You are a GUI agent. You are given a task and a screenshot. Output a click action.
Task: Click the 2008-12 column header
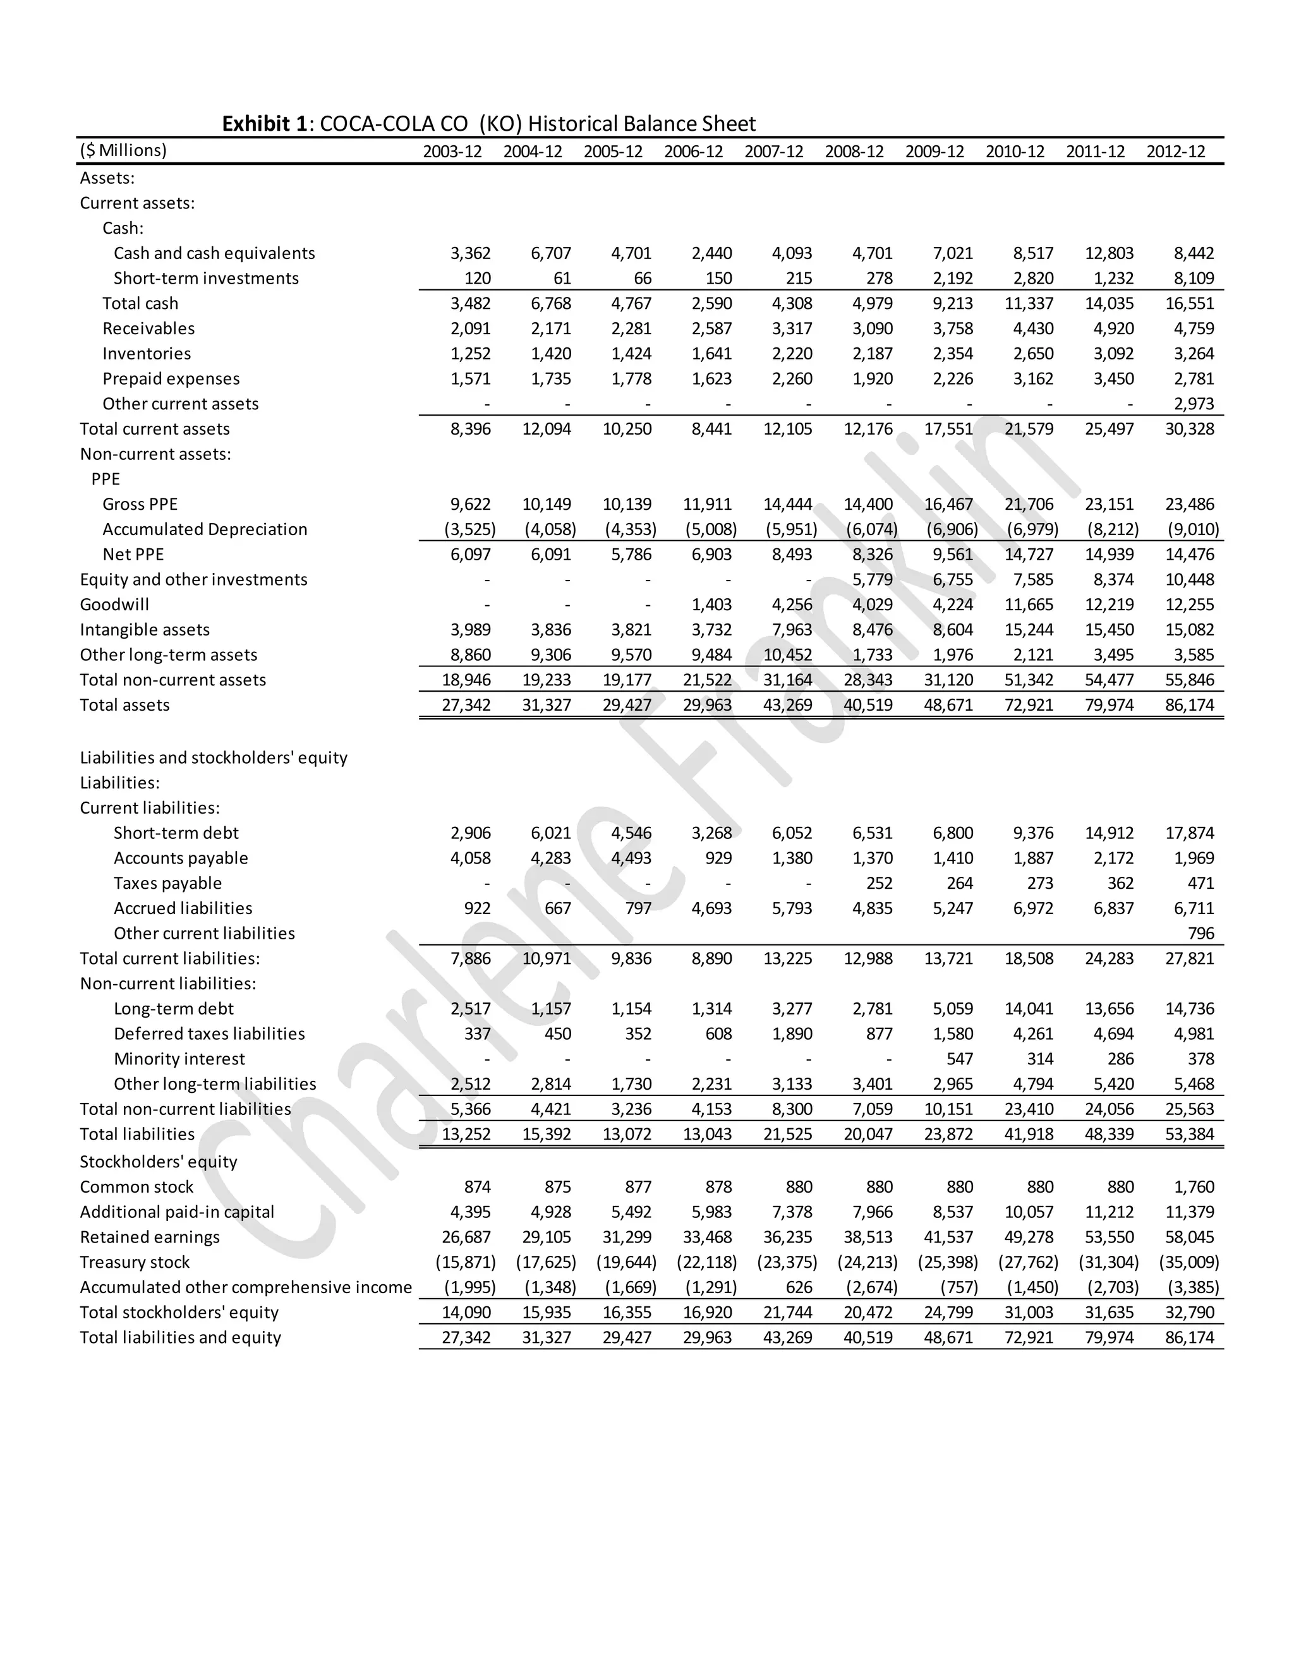point(854,152)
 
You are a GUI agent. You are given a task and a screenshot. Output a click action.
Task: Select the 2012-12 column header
point(1175,152)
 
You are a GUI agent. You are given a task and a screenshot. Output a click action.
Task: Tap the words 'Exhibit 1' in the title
point(265,124)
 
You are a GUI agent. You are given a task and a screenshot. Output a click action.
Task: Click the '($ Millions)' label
point(123,150)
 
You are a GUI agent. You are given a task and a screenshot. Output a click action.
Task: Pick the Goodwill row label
point(114,605)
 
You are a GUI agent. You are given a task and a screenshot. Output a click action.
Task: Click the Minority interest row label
point(179,1059)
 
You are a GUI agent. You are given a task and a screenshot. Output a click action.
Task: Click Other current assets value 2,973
point(1194,404)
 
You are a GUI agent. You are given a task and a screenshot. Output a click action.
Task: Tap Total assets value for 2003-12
point(466,705)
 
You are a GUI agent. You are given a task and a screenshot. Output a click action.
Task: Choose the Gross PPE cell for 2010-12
point(1029,504)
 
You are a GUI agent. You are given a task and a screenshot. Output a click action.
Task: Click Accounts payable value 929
point(718,858)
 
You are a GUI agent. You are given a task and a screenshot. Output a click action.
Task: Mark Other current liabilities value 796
point(1200,934)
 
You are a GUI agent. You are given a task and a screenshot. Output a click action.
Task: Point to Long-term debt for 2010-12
point(1029,1009)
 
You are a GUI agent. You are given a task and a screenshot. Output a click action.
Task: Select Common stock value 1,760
point(1194,1188)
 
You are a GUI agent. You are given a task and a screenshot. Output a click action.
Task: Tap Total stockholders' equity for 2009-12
point(948,1313)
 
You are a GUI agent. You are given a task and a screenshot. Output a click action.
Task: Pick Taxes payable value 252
point(880,884)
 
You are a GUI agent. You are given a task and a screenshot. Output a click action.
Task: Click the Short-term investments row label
point(205,278)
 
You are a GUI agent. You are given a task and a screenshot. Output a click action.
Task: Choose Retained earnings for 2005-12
point(626,1237)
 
